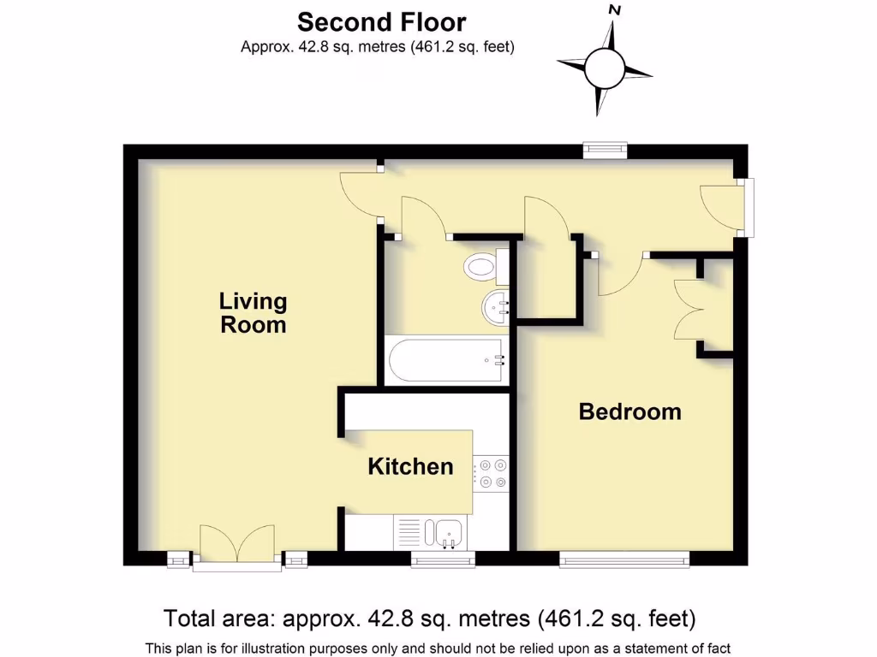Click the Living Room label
[253, 313]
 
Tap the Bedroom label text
[629, 411]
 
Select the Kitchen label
[410, 466]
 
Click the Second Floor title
[381, 21]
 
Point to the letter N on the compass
[614, 10]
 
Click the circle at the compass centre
[606, 67]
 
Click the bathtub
[446, 360]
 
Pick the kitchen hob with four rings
[491, 474]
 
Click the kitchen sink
[448, 533]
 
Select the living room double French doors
[237, 544]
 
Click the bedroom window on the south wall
[624, 559]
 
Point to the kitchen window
[442, 559]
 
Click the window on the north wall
[605, 151]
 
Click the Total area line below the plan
[429, 618]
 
